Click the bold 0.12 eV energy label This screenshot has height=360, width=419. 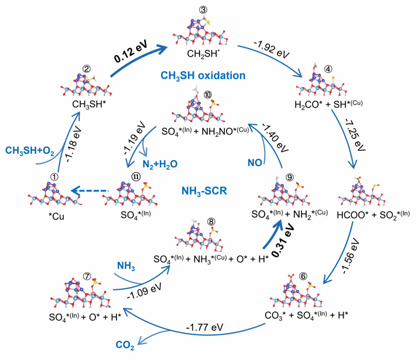point(131,52)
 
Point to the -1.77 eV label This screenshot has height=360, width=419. point(205,327)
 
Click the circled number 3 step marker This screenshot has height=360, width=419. point(203,10)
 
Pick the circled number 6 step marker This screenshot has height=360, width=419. point(303,276)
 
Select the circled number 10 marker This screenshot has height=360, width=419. point(208,95)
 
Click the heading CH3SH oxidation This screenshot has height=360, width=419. point(203,75)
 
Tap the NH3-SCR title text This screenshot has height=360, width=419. point(204,191)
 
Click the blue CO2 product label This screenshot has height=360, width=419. point(125,345)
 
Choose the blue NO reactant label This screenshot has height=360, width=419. point(254,163)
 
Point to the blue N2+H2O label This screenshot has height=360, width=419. point(160,164)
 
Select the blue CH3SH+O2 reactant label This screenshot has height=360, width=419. point(30,151)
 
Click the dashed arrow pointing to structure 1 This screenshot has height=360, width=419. point(90,191)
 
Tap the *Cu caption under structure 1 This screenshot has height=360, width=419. point(57,216)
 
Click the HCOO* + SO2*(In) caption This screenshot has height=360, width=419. point(373,215)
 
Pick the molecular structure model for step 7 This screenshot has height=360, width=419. point(80,293)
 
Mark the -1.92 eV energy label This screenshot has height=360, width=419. point(272,49)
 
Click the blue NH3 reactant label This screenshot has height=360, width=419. point(126,266)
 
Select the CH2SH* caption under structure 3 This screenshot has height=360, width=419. point(203,53)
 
